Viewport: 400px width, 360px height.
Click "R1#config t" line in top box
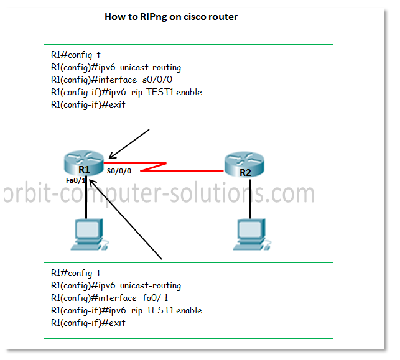75,55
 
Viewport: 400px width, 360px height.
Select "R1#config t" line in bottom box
75,273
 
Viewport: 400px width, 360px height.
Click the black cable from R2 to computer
249,199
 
